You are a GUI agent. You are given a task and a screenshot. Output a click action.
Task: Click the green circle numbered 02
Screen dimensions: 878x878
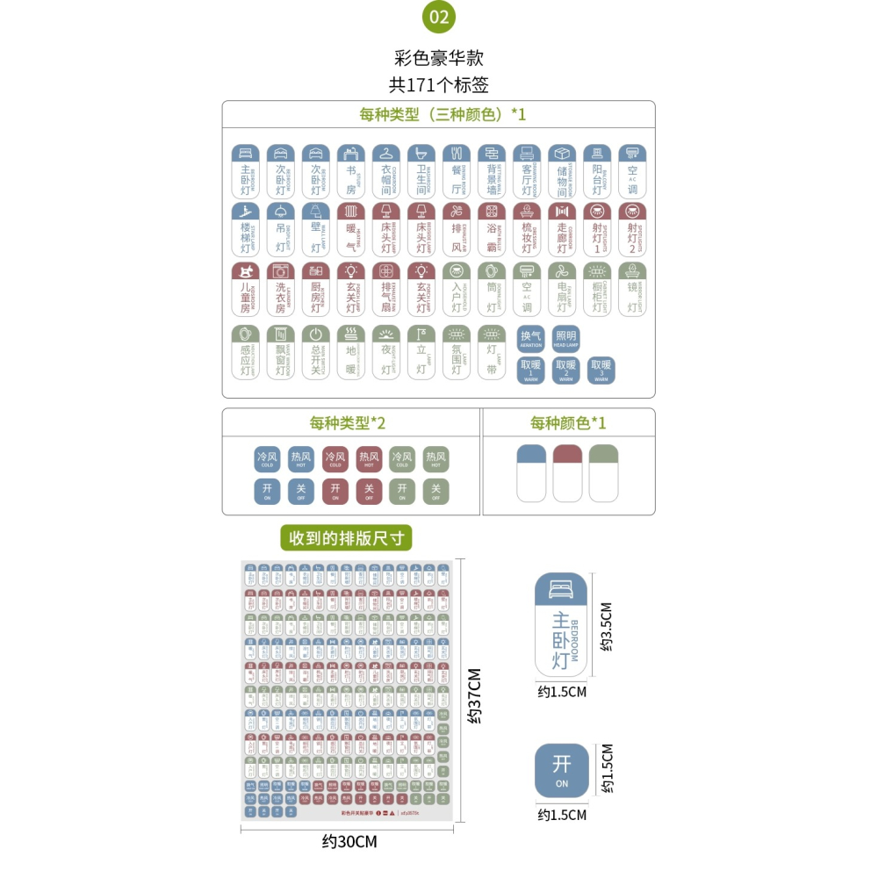click(x=439, y=17)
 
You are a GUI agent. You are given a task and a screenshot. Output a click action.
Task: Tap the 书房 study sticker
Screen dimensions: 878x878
click(x=351, y=171)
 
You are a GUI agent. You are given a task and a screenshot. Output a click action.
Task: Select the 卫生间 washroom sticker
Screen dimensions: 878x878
click(x=421, y=171)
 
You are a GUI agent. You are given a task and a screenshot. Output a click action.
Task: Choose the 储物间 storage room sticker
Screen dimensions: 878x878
click(x=562, y=171)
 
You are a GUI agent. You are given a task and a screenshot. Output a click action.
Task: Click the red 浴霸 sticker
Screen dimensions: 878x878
click(x=492, y=230)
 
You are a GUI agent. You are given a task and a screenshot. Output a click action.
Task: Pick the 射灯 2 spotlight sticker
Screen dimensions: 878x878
click(x=632, y=230)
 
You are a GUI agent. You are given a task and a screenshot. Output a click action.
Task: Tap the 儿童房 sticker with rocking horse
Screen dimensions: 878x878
click(x=246, y=289)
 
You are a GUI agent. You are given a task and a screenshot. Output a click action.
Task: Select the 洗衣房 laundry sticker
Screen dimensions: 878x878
click(x=281, y=289)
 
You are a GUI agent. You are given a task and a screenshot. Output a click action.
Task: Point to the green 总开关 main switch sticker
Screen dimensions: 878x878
click(x=316, y=352)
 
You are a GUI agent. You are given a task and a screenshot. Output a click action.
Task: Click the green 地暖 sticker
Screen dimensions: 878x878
click(x=351, y=352)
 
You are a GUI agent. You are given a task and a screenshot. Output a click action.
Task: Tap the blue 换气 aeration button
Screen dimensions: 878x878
click(x=531, y=339)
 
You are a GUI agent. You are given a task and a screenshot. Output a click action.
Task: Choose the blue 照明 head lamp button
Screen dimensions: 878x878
click(x=565, y=339)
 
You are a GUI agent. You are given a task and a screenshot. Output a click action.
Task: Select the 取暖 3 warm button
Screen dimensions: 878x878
click(x=601, y=371)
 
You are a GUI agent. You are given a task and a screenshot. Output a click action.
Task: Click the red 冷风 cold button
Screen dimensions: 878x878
click(x=335, y=459)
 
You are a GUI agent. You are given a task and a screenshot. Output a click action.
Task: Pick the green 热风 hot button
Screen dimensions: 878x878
click(x=436, y=459)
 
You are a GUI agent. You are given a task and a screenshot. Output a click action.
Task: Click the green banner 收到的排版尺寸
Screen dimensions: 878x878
click(x=346, y=537)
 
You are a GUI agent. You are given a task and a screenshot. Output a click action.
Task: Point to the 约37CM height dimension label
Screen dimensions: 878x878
click(x=475, y=696)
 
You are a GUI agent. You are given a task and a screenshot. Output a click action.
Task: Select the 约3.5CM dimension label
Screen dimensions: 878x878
click(x=605, y=626)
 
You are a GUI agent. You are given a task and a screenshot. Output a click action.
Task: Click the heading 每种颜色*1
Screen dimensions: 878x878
click(x=568, y=423)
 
